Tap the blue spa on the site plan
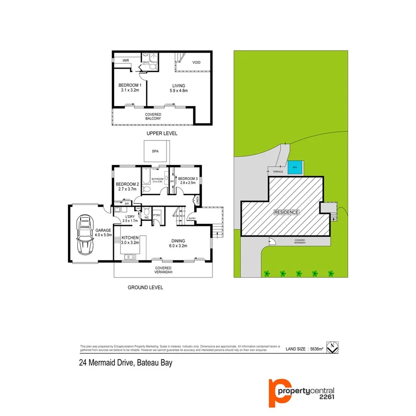(x=294, y=168)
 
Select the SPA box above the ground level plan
(x=155, y=152)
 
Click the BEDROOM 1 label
(x=129, y=86)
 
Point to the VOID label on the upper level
(x=196, y=62)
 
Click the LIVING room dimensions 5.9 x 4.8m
(x=179, y=91)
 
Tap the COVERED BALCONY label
(x=153, y=117)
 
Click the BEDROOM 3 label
(x=187, y=179)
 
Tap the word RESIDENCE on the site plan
(x=286, y=212)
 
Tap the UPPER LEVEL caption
(x=162, y=133)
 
